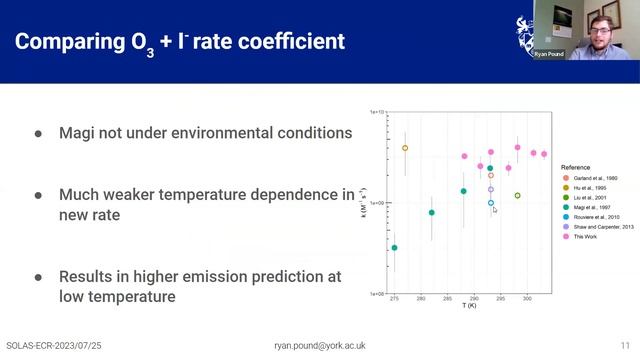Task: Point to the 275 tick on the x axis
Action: pyautogui.click(x=394, y=298)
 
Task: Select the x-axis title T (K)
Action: pyautogui.click(x=469, y=305)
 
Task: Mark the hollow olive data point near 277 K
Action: pyautogui.click(x=405, y=148)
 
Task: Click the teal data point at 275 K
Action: pyautogui.click(x=394, y=248)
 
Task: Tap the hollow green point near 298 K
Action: pyautogui.click(x=517, y=196)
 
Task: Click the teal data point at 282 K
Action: pyautogui.click(x=432, y=212)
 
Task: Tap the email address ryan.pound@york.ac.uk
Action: pyautogui.click(x=320, y=345)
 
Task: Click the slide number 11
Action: pyautogui.click(x=625, y=345)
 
